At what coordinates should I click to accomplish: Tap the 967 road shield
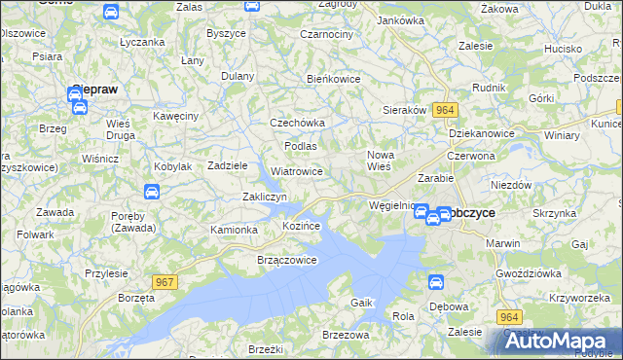[x=165, y=282]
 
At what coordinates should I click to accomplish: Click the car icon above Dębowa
[x=437, y=282]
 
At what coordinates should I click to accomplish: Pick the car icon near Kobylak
[x=152, y=192]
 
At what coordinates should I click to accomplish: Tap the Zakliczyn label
[x=264, y=197]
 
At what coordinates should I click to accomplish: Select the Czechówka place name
[x=297, y=124]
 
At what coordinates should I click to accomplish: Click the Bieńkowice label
[x=334, y=78]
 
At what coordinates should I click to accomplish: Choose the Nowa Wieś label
[x=378, y=161]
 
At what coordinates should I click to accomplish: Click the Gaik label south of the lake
[x=362, y=303]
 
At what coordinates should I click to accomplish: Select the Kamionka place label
[x=234, y=230]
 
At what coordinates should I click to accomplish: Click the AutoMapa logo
[x=562, y=341]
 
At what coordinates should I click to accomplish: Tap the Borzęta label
[x=136, y=298]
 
